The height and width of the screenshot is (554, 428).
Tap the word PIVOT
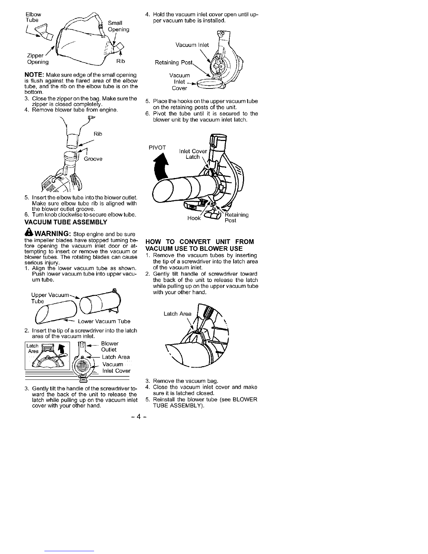point(157,147)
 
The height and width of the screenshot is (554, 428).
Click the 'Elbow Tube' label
point(34,17)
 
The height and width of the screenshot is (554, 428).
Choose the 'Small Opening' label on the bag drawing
point(118,27)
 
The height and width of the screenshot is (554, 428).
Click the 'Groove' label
point(93,159)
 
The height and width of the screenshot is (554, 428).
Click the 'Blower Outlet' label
point(109,347)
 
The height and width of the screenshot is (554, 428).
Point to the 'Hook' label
point(194,218)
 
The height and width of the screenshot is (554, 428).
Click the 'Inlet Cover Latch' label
point(193,154)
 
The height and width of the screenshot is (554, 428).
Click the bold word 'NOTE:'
point(34,75)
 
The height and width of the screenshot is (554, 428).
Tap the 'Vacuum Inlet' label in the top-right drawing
point(192,45)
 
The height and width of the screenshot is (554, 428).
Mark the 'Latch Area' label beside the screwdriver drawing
point(177,314)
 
